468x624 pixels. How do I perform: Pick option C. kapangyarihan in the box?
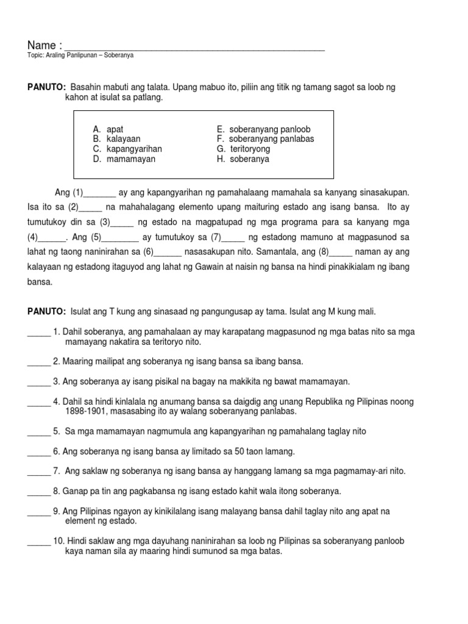pos(127,149)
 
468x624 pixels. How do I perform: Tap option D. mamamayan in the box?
pos(124,159)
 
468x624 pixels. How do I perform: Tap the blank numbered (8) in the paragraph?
pos(341,252)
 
